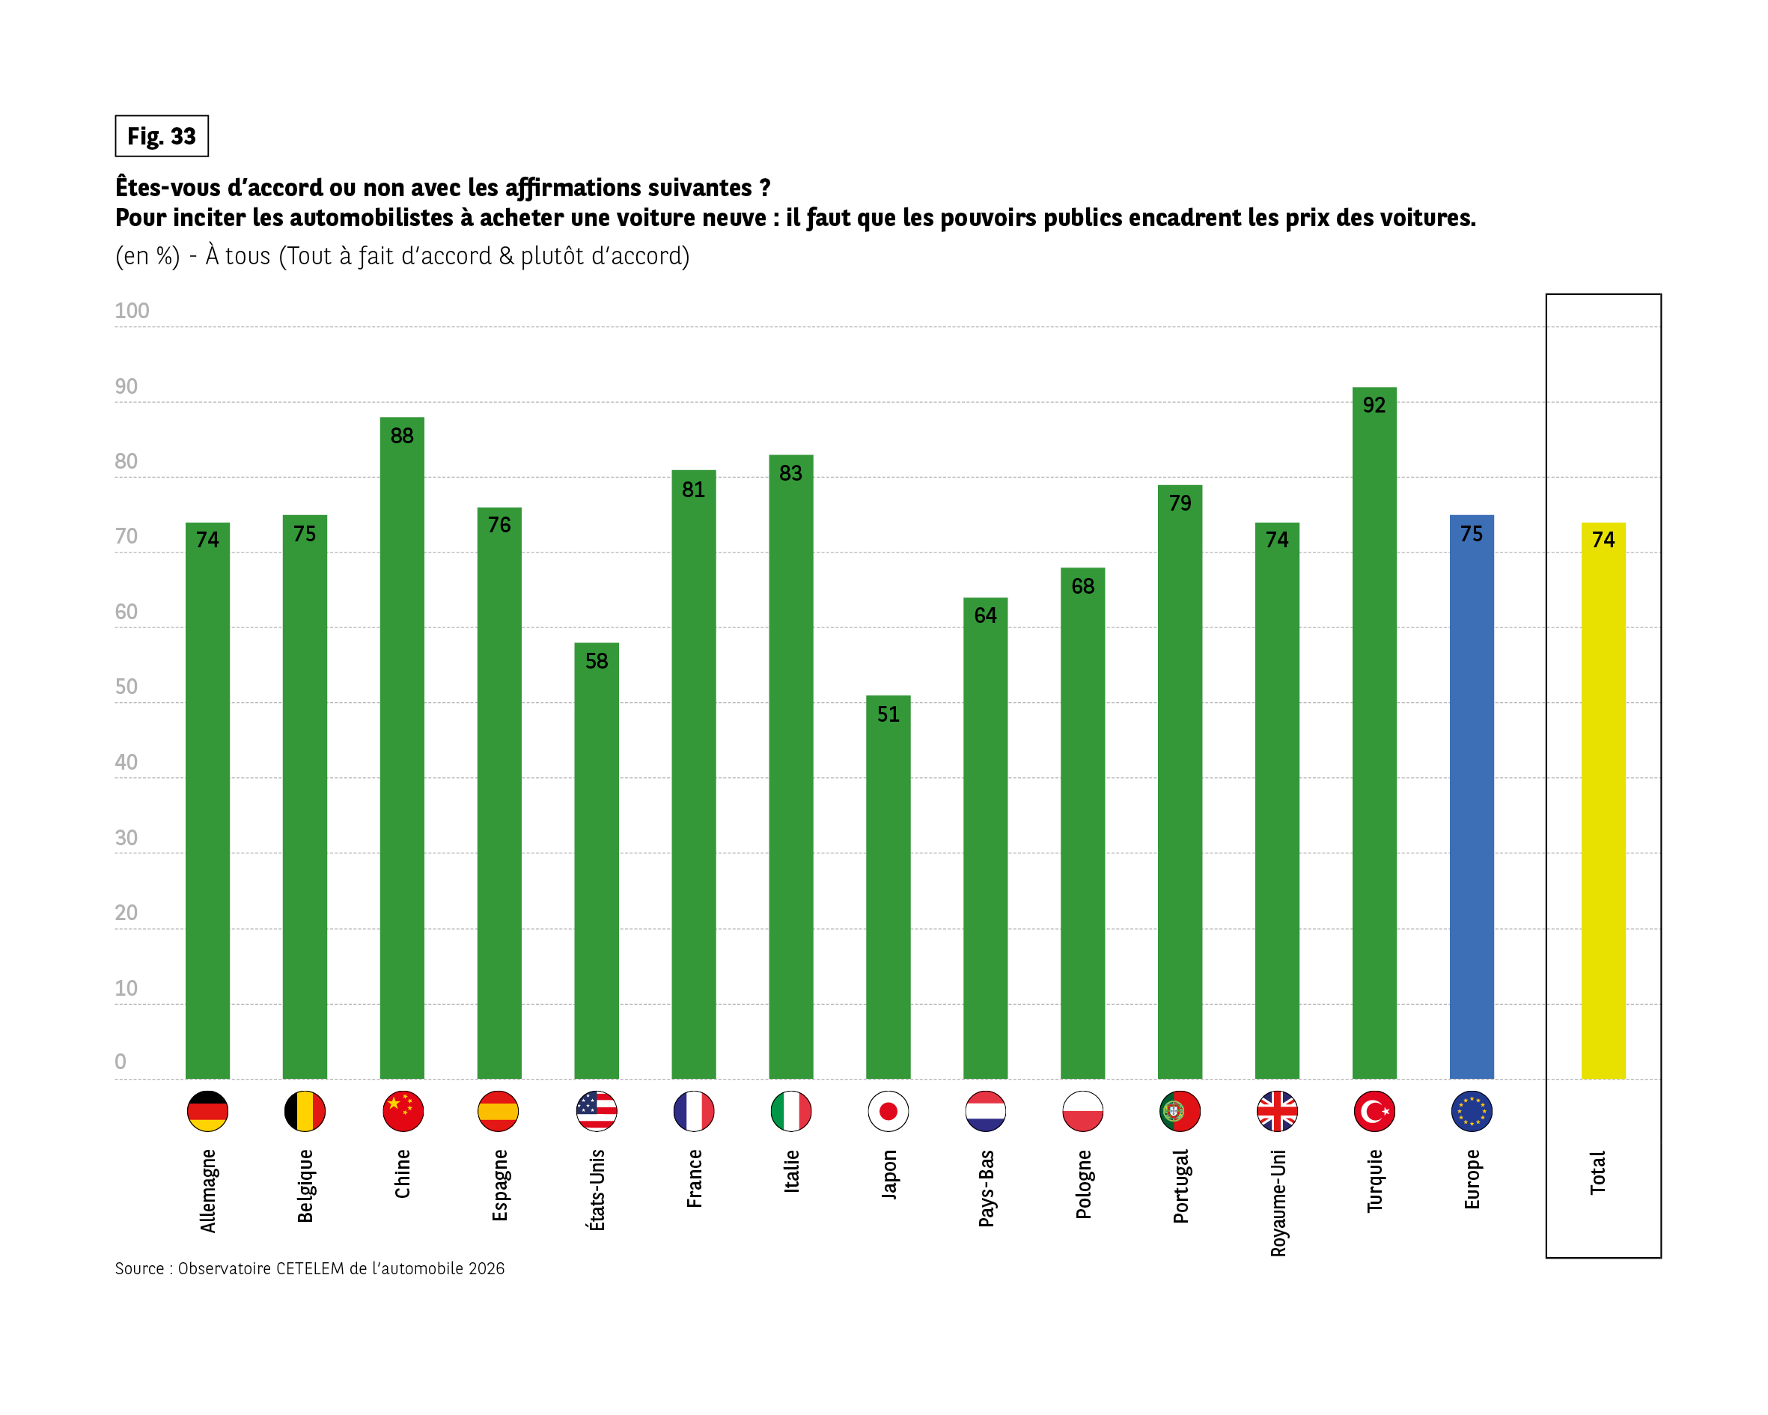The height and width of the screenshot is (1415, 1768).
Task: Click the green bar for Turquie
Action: [1374, 738]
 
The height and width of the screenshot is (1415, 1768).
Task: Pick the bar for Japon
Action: [888, 894]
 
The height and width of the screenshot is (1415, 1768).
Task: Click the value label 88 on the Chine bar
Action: [402, 436]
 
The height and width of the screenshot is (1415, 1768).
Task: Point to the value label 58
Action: [596, 661]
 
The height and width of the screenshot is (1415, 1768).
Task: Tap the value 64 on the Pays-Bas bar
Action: [985, 615]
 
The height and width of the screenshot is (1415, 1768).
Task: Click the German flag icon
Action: [207, 1112]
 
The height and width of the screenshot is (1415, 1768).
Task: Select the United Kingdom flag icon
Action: [1277, 1112]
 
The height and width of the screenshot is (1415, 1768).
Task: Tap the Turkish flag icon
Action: [1374, 1112]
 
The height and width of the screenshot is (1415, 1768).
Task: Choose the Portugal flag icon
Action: [1180, 1112]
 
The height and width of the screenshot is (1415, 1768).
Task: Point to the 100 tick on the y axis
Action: [132, 311]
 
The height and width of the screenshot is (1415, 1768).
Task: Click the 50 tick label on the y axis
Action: [126, 687]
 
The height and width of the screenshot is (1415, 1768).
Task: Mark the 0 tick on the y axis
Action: [121, 1062]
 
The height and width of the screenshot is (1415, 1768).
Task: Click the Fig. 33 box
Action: [162, 136]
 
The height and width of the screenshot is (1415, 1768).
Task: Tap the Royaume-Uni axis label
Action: [1278, 1202]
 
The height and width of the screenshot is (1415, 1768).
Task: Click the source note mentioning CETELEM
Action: [309, 1268]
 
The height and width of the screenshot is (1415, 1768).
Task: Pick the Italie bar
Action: [790, 771]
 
